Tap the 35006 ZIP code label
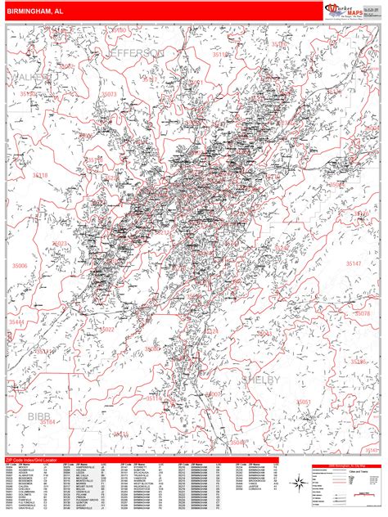(18, 266)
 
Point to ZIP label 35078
(361, 313)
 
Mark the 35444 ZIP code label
(17, 322)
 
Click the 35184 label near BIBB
(47, 423)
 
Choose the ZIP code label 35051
(304, 402)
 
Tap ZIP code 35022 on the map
(107, 330)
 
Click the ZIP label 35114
(153, 398)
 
